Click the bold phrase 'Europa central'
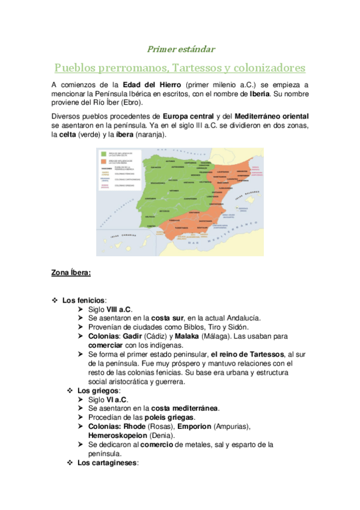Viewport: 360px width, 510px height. point(188,116)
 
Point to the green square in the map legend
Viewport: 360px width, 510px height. point(103,153)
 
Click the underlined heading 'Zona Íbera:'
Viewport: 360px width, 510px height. point(71,273)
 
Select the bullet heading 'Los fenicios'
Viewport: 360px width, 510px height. point(84,300)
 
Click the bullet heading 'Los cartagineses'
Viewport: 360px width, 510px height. point(108,462)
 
